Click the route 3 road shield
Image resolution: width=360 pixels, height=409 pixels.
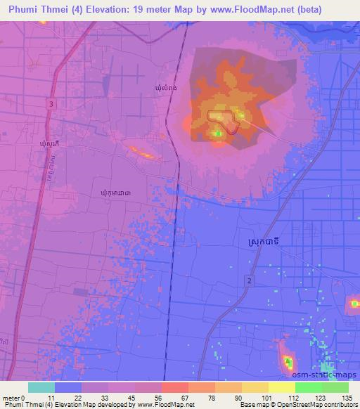point(52,103)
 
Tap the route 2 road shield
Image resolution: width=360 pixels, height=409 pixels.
point(249,280)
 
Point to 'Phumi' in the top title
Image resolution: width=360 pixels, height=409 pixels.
point(24,9)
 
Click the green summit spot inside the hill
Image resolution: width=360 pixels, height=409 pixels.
point(218,134)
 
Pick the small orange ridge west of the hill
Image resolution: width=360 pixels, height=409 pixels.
point(141,151)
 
